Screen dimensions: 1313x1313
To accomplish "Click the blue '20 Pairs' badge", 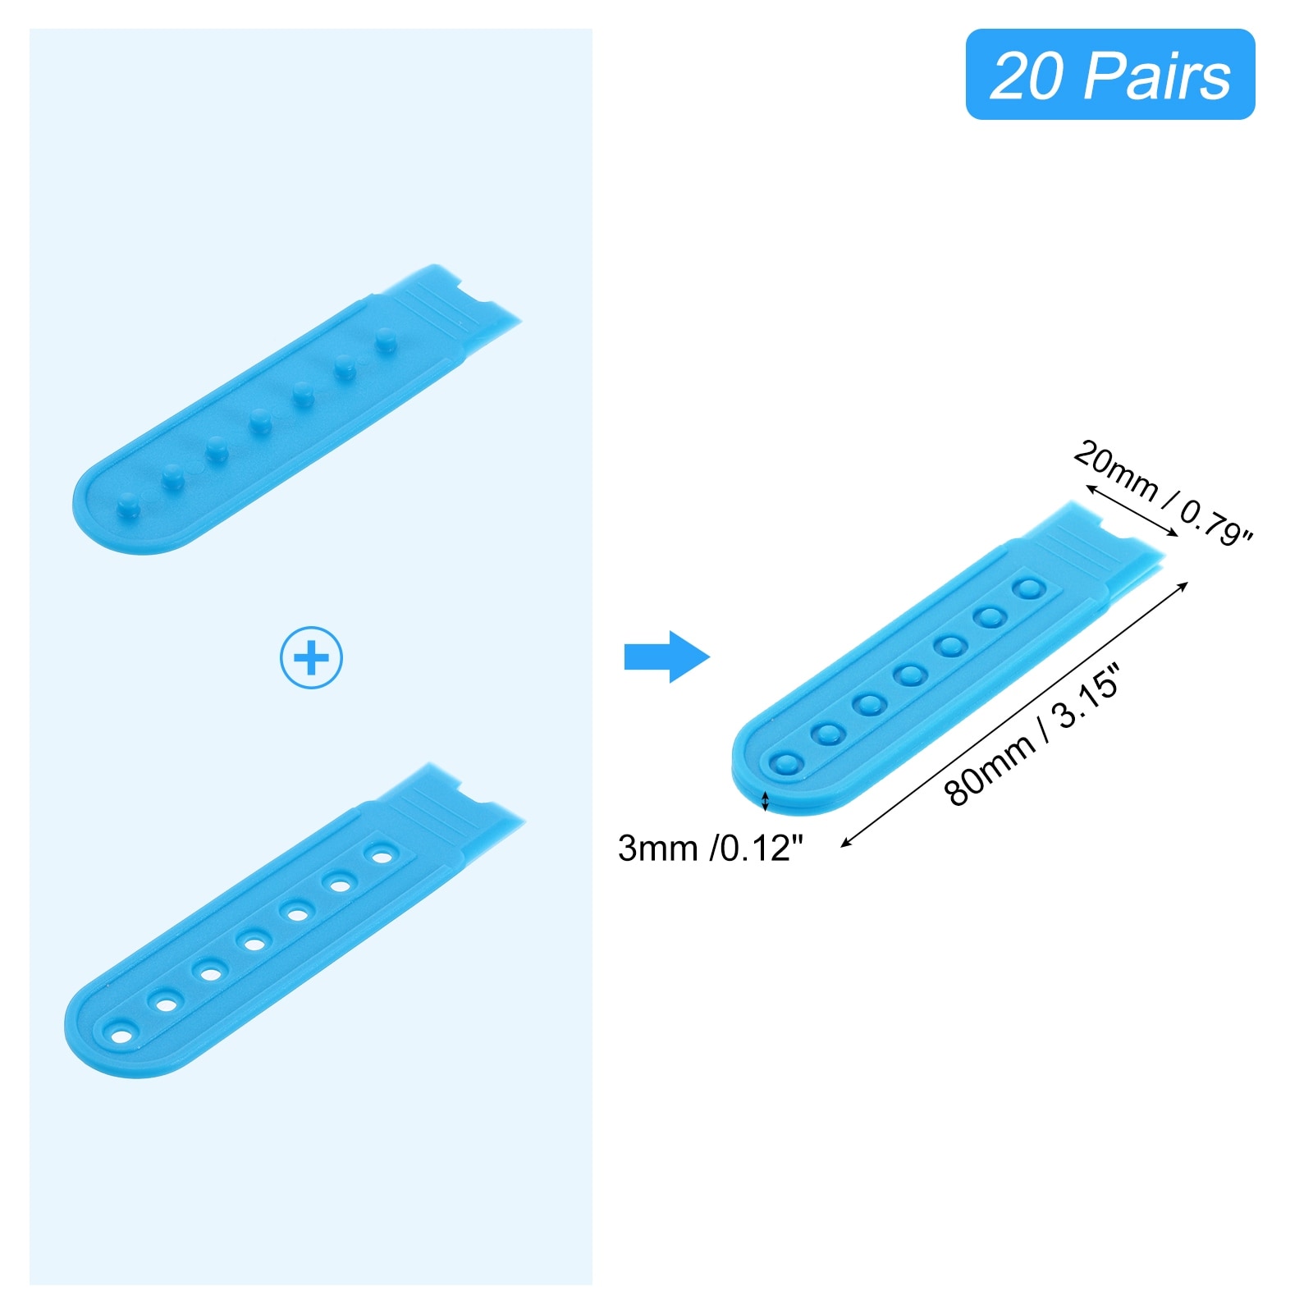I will [1109, 75].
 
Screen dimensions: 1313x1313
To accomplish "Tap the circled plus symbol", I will [311, 657].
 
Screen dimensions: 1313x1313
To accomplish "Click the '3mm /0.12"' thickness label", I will [710, 848].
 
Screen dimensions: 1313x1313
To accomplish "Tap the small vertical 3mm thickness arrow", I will [766, 801].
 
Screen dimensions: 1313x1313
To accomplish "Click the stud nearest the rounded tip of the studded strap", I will [128, 506].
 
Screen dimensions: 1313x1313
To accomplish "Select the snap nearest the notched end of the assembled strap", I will [1028, 588].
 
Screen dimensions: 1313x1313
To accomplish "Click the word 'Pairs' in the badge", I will [1157, 76].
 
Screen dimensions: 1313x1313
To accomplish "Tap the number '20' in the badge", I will [1027, 76].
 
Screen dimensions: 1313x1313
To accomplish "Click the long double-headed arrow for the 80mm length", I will [1014, 713].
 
